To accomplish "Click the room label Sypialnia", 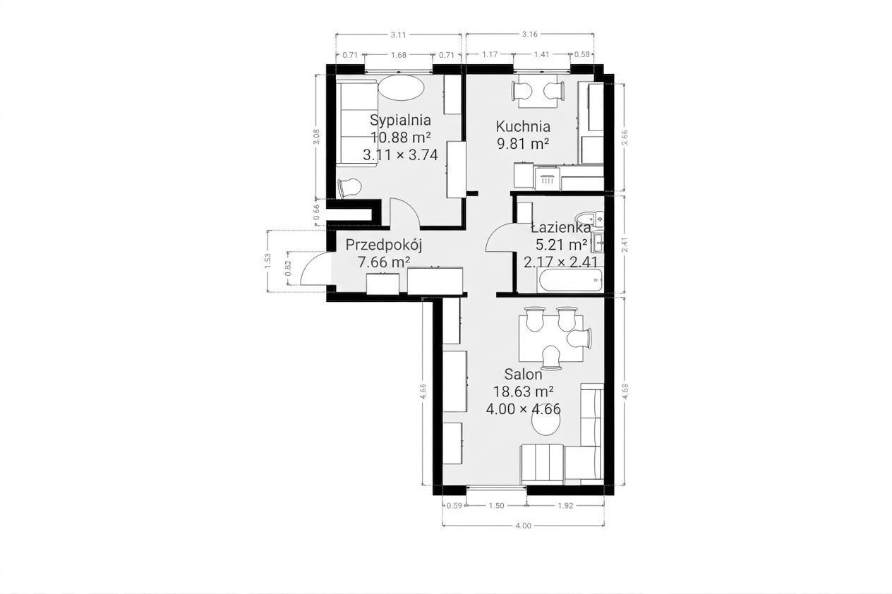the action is pos(400,120).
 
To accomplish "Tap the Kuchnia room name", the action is pos(523,126).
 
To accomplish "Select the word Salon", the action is pos(523,374).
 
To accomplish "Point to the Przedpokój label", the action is pos(383,246).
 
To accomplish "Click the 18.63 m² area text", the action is pos(523,392).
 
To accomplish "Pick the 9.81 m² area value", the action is pos(523,143).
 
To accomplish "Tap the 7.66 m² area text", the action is pos(385,262).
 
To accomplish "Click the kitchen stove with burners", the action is pos(548,178).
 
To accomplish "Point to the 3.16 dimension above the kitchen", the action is pos(529,35).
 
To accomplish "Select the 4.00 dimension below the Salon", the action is pos(523,526).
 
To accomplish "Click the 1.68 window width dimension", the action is pos(398,55).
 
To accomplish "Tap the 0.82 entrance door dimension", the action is pos(289,268).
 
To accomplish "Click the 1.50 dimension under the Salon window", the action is pos(496,506).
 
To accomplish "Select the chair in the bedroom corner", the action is pos(349,188).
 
